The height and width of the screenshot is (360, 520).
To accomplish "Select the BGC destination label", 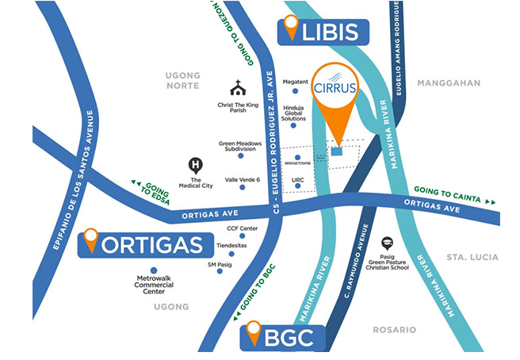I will pos(284,338).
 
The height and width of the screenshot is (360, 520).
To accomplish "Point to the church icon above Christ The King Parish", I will pos(237,88).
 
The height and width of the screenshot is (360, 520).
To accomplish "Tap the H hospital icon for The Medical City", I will pos(194,166).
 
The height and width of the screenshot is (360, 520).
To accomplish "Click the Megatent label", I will pos(295,82).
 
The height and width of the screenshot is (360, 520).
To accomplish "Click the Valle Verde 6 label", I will pos(243,179).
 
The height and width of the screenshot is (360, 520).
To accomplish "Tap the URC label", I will pos(298,181).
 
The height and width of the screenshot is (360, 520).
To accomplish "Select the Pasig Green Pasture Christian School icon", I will pos(388,243).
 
